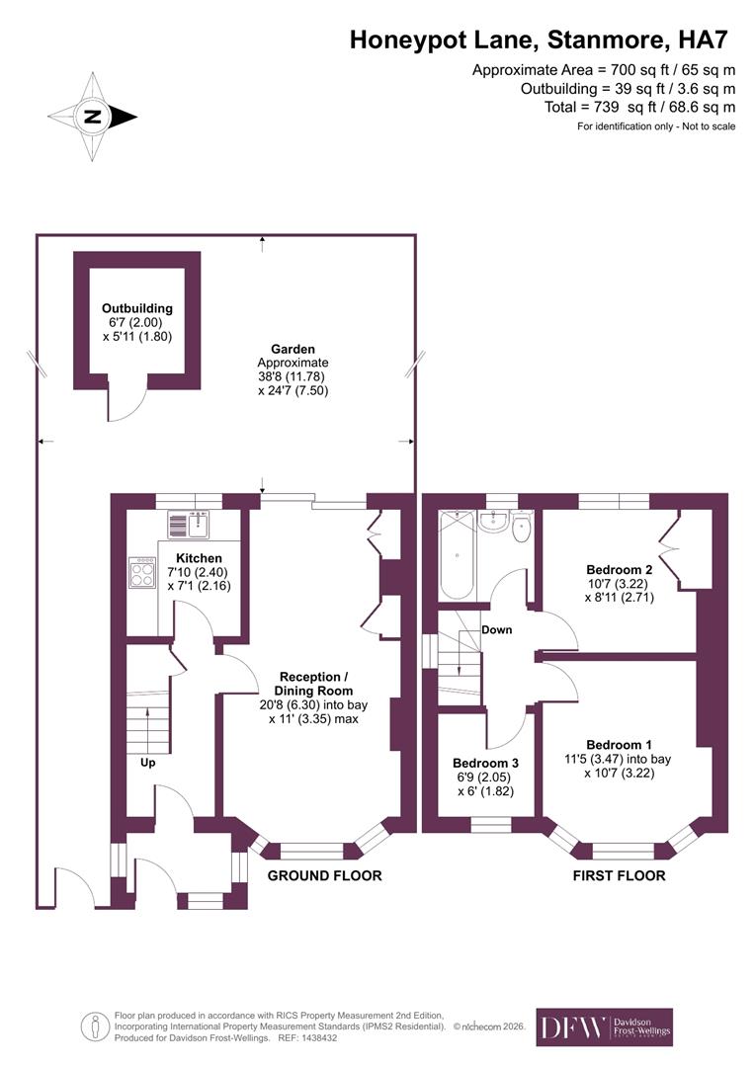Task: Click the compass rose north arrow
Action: [94, 117]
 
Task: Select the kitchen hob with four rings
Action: [142, 573]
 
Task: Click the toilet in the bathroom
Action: [522, 529]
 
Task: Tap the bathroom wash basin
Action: [493, 521]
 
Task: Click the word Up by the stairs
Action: [146, 762]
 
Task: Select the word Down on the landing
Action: [497, 629]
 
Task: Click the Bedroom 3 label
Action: [485, 764]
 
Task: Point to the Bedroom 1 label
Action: [619, 744]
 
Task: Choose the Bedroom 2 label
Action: [619, 570]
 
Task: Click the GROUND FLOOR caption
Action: [325, 875]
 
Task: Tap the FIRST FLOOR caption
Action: [620, 875]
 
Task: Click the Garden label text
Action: [294, 349]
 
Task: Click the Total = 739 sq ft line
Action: [639, 107]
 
